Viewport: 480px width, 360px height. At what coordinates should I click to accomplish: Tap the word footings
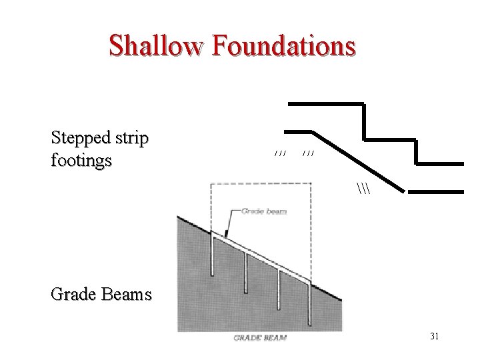[81, 161]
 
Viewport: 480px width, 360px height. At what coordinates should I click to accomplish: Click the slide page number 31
[434, 337]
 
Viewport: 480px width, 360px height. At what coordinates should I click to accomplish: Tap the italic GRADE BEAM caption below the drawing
[260, 338]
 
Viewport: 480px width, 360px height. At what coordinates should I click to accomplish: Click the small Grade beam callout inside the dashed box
[264, 211]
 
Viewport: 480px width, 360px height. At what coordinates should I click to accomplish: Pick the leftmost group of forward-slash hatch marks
[280, 154]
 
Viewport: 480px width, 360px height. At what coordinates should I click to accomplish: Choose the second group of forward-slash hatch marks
[308, 154]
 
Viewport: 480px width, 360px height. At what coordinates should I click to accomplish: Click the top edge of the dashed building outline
[260, 183]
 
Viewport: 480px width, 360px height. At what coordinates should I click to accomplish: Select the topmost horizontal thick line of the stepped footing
[325, 103]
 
